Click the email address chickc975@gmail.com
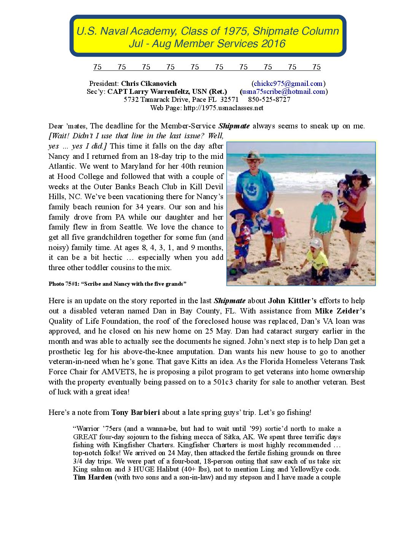point(288,84)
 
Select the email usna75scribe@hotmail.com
point(283,92)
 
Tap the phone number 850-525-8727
point(269,100)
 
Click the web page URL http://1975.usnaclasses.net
point(223,108)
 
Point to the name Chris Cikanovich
point(149,84)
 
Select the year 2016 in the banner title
point(273,44)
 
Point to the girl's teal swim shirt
point(324,217)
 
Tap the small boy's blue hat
point(239,213)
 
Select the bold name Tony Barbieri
point(135,412)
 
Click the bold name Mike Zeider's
point(340,311)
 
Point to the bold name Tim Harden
point(92,477)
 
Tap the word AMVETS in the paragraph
point(116,372)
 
